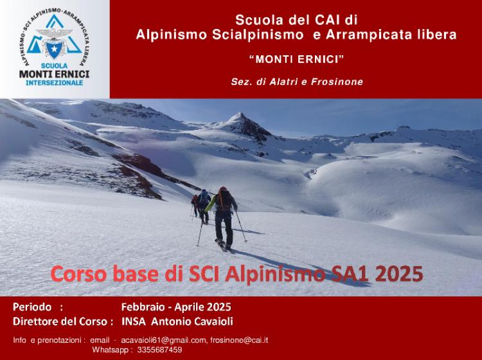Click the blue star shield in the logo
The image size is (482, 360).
pyautogui.click(x=55, y=49)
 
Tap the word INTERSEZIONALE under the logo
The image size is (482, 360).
pyautogui.click(x=55, y=83)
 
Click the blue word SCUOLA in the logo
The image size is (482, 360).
pyautogui.click(x=55, y=66)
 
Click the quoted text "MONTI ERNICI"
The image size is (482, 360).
pyautogui.click(x=296, y=59)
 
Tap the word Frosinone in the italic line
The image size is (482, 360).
pyautogui.click(x=337, y=82)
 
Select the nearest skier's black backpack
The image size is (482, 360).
pyautogui.click(x=225, y=200)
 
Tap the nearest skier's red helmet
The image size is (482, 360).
pyautogui.click(x=223, y=189)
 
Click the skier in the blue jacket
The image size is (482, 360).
pyautogui.click(x=204, y=205)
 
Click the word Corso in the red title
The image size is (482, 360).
pyautogui.click(x=78, y=274)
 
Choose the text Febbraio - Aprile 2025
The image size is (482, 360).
pyautogui.click(x=176, y=307)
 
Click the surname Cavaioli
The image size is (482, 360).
pyautogui.click(x=213, y=321)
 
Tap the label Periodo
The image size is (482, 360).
pyautogui.click(x=32, y=307)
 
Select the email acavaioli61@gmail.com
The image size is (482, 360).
pyautogui.click(x=163, y=340)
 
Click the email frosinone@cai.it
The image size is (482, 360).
pyautogui.click(x=239, y=340)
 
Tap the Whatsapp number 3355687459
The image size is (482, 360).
pyautogui.click(x=159, y=350)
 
